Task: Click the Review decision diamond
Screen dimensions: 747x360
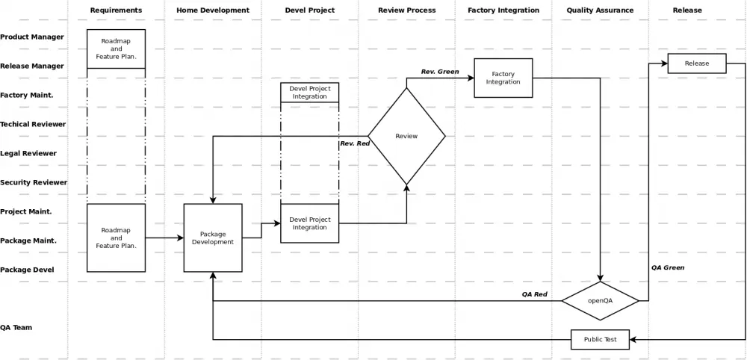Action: tap(406, 136)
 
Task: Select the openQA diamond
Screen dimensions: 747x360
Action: tap(601, 300)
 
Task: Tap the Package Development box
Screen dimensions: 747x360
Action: tap(213, 238)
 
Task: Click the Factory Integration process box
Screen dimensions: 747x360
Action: tap(503, 78)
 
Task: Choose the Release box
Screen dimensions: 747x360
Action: tap(697, 63)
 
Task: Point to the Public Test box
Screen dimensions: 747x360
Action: tap(601, 340)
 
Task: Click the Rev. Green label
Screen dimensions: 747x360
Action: tap(440, 72)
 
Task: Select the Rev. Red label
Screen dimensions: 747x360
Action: tap(355, 143)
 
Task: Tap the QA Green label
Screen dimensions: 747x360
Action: tap(668, 267)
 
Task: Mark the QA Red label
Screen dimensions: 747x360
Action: tap(535, 294)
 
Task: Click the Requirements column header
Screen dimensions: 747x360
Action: tap(116, 10)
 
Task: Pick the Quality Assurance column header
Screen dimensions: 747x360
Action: tap(601, 10)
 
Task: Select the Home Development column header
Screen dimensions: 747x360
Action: tap(213, 10)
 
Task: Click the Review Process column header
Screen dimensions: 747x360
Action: tap(407, 10)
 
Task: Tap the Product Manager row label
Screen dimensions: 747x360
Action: tap(32, 37)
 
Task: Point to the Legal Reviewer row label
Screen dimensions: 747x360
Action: tap(28, 153)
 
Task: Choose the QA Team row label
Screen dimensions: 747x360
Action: tap(16, 328)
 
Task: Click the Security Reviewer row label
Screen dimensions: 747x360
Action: tap(34, 182)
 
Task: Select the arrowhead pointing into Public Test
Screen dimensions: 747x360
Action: tap(633, 340)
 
